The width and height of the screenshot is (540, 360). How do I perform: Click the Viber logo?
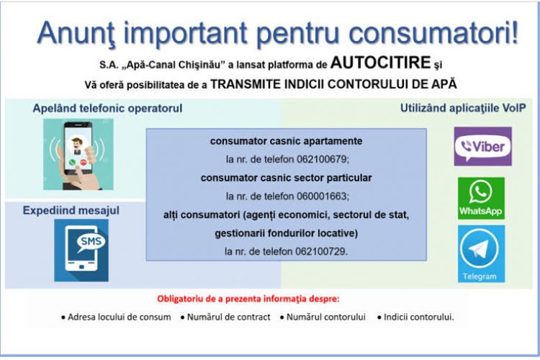(x=482, y=146)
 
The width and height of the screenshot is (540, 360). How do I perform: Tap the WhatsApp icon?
(x=481, y=198)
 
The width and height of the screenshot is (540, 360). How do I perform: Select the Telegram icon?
(x=481, y=253)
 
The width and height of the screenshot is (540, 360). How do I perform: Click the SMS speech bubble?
(x=91, y=242)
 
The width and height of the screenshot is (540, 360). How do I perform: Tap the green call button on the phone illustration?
(x=72, y=163)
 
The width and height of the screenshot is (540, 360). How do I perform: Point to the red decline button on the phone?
(x=84, y=163)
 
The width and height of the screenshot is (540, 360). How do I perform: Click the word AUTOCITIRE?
(x=381, y=63)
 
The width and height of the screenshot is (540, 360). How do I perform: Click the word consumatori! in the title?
(x=433, y=32)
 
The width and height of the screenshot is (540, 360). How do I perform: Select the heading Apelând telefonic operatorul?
(x=107, y=108)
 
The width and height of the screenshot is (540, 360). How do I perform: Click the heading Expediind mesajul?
(x=71, y=210)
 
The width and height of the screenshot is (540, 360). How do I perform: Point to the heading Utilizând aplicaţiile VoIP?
(x=463, y=108)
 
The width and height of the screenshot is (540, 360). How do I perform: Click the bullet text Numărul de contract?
(x=229, y=317)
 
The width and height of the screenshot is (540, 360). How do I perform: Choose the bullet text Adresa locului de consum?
(x=119, y=317)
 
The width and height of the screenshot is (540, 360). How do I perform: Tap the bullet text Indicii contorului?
(x=419, y=317)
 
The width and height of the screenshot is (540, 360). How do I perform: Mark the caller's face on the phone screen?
(x=77, y=144)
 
